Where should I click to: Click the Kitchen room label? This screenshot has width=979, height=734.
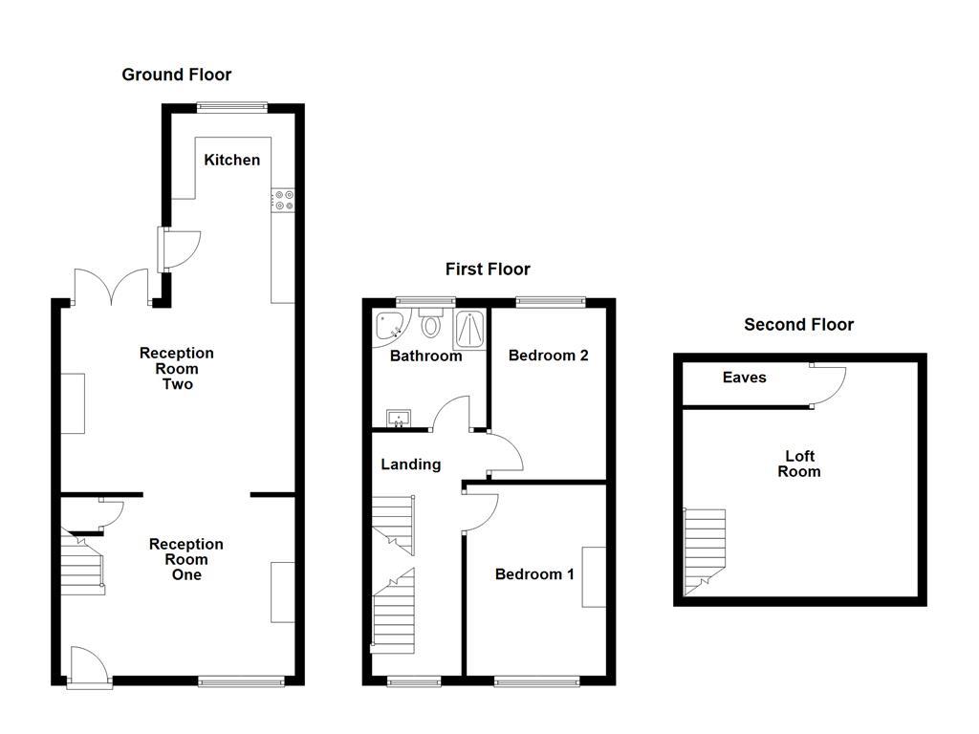click(231, 160)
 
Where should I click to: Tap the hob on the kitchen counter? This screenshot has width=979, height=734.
click(284, 200)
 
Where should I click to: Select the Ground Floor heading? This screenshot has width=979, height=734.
click(176, 75)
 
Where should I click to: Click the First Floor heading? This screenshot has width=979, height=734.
click(488, 270)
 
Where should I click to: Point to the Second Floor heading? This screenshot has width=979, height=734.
click(798, 325)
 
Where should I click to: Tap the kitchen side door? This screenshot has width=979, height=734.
click(181, 248)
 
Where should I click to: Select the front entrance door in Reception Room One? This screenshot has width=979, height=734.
click(89, 666)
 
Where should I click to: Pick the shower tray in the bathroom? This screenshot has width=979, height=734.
click(469, 329)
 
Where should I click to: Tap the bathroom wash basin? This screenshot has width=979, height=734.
click(399, 418)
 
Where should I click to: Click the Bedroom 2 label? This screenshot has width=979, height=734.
click(548, 356)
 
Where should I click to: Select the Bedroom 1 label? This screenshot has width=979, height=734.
click(533, 574)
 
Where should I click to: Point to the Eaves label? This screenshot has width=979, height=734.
click(744, 378)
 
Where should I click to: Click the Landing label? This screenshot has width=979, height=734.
click(410, 464)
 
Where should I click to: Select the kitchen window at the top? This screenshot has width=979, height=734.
click(231, 108)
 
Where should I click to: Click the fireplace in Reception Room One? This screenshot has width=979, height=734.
click(283, 593)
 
